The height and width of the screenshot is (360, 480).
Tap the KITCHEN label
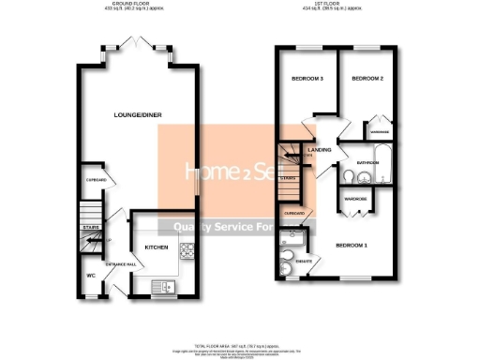[155, 247]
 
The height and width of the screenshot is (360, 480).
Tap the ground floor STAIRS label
[90, 226]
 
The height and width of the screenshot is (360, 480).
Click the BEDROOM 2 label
[368, 79]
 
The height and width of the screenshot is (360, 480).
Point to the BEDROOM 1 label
[352, 246]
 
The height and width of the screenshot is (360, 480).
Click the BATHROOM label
[367, 162]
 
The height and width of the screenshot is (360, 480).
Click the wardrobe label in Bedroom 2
[380, 132]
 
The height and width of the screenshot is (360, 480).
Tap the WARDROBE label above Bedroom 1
[354, 199]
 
